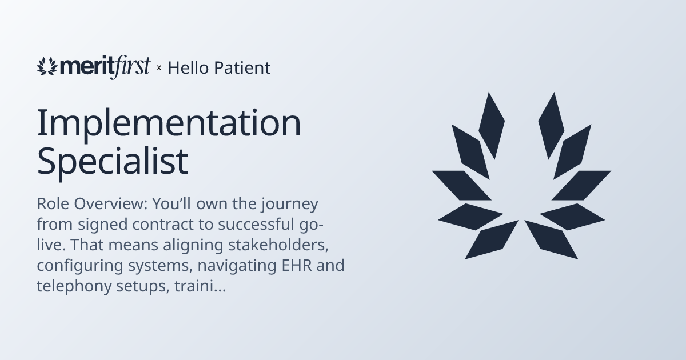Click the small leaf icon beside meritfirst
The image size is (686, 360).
(x=47, y=66)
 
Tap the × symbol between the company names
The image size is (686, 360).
(x=159, y=69)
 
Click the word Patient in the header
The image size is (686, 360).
(x=242, y=68)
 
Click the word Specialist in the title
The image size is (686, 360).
(x=113, y=162)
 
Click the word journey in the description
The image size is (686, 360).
(x=284, y=204)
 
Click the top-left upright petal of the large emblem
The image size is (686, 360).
(x=491, y=124)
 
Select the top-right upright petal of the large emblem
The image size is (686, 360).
(x=551, y=124)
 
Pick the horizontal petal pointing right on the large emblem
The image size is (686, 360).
(x=583, y=185)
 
